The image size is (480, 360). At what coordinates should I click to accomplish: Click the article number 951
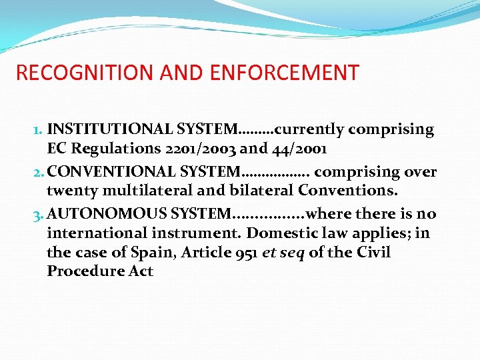(x=236, y=253)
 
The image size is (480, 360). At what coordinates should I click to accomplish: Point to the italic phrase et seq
(x=279, y=253)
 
